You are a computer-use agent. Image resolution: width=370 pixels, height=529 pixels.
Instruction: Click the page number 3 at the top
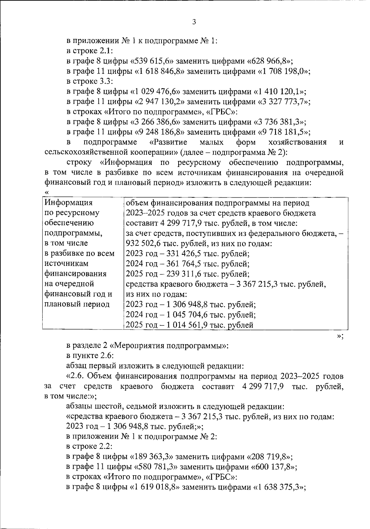(x=194, y=22)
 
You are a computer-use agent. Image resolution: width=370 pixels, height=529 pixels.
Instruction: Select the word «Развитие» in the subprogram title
(x=170, y=142)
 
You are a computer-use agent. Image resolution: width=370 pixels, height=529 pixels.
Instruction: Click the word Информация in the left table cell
(x=68, y=203)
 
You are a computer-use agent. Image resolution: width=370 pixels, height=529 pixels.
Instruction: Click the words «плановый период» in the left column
(x=77, y=304)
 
